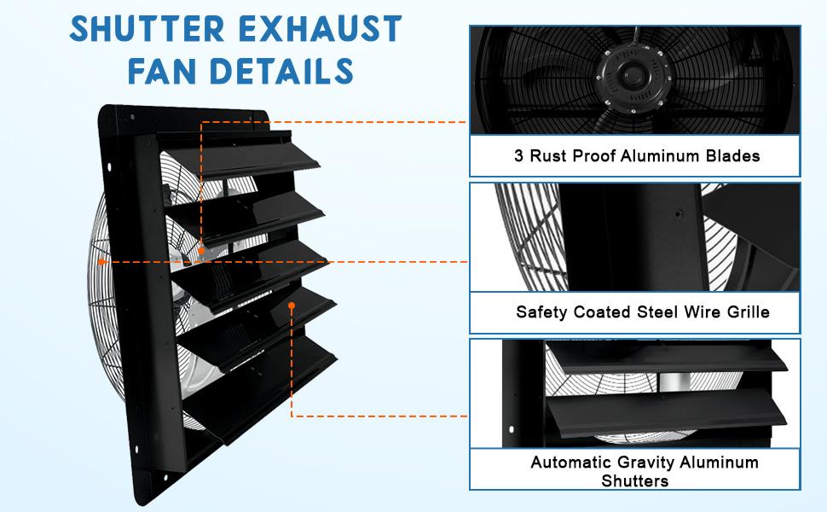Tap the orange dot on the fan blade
click(201, 251)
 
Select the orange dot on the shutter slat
click(292, 305)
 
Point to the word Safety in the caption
click(541, 311)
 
